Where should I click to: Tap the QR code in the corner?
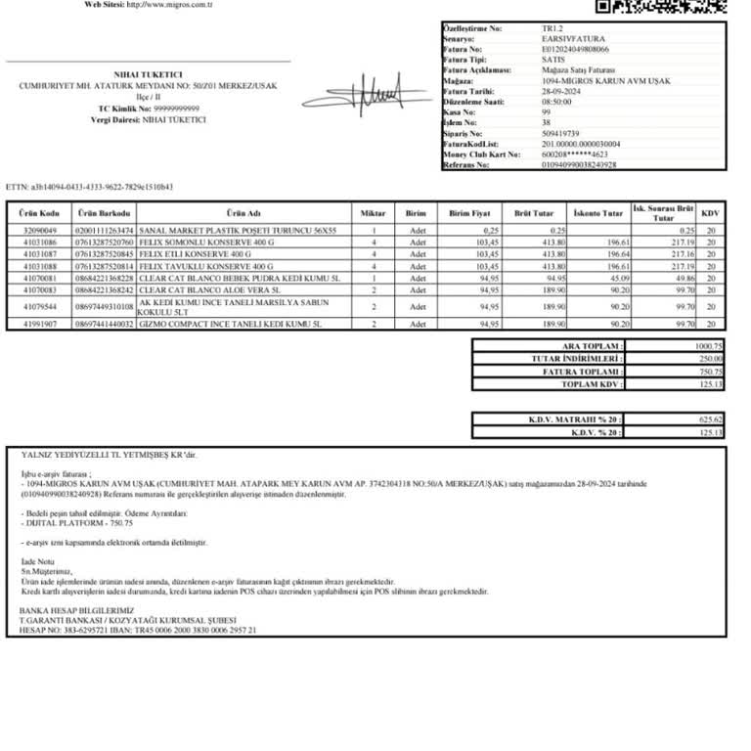coord(662,6)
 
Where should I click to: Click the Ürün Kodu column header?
coord(43,213)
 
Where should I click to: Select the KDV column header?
coord(711,213)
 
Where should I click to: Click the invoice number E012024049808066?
coord(575,48)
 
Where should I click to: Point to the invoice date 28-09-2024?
coord(561,91)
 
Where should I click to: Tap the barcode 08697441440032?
coord(104,323)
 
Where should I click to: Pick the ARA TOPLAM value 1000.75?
coord(708,346)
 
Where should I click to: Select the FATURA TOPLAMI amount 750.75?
coord(709,372)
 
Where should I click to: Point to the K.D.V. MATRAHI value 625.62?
coord(709,420)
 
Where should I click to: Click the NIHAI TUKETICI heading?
coord(148,74)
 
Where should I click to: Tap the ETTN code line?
coord(89,186)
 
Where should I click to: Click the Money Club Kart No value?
coord(575,155)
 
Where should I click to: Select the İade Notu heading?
coord(35,562)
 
